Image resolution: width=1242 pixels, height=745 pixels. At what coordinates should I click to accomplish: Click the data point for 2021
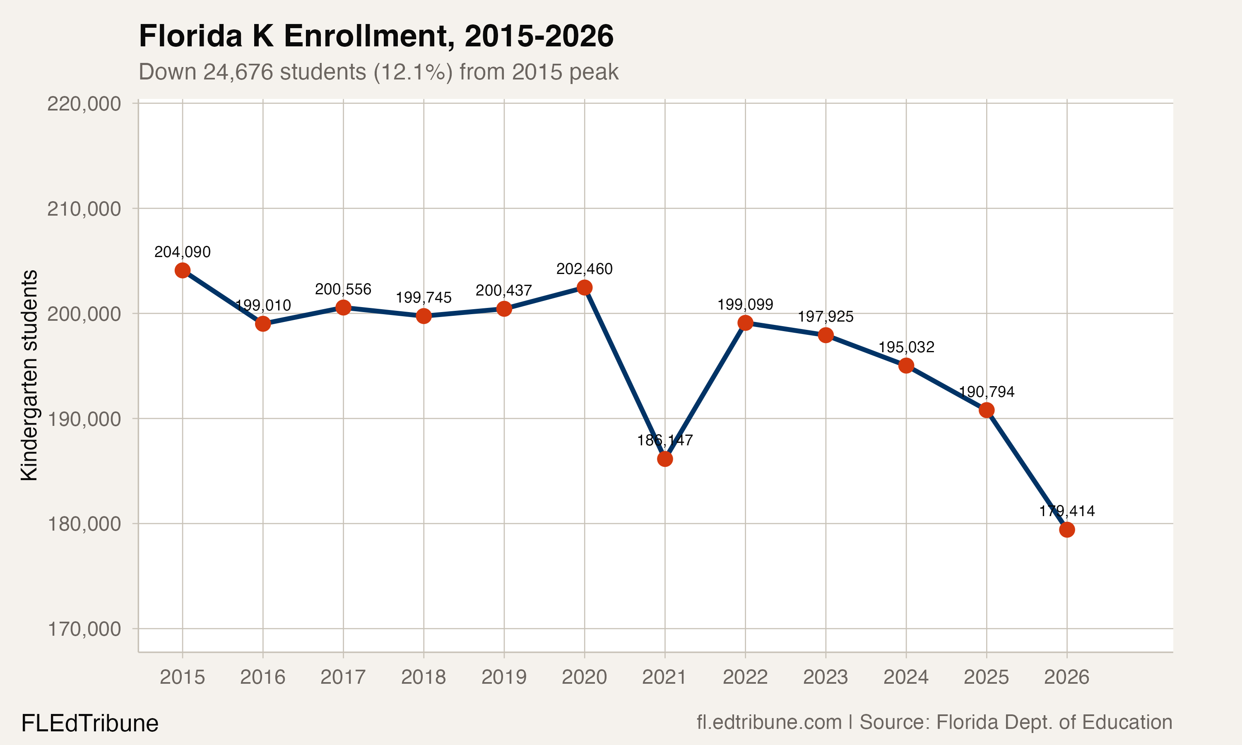[x=664, y=459]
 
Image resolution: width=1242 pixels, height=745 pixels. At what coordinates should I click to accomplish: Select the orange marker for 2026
[x=1067, y=530]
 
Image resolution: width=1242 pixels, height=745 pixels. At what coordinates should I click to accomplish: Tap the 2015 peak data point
[x=182, y=271]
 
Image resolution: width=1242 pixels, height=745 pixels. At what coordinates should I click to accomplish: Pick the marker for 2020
[x=584, y=288]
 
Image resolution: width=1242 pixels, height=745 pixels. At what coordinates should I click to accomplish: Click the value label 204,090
[x=182, y=252]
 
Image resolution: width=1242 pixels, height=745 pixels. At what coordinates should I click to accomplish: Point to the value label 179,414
[x=1067, y=511]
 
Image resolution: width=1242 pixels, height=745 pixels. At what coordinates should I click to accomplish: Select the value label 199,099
[x=745, y=305]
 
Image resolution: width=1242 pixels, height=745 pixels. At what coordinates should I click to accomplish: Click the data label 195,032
[x=906, y=347]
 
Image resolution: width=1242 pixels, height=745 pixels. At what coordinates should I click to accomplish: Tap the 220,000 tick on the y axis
[x=84, y=104]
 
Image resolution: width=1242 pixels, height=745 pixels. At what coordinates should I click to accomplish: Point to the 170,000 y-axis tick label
[x=84, y=629]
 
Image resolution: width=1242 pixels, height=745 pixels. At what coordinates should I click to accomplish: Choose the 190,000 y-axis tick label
[x=84, y=419]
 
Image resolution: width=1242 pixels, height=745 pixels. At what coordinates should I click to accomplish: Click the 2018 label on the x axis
[x=423, y=677]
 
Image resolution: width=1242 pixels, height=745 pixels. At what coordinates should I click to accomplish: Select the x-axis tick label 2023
[x=826, y=677]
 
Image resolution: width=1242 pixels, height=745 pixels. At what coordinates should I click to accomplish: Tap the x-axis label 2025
[x=987, y=677]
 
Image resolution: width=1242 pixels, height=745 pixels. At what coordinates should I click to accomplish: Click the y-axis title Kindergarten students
[x=29, y=375]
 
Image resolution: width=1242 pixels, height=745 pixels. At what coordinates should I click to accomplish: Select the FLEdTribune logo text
[x=90, y=723]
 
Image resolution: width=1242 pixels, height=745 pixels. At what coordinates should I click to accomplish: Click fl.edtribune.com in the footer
[x=769, y=722]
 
